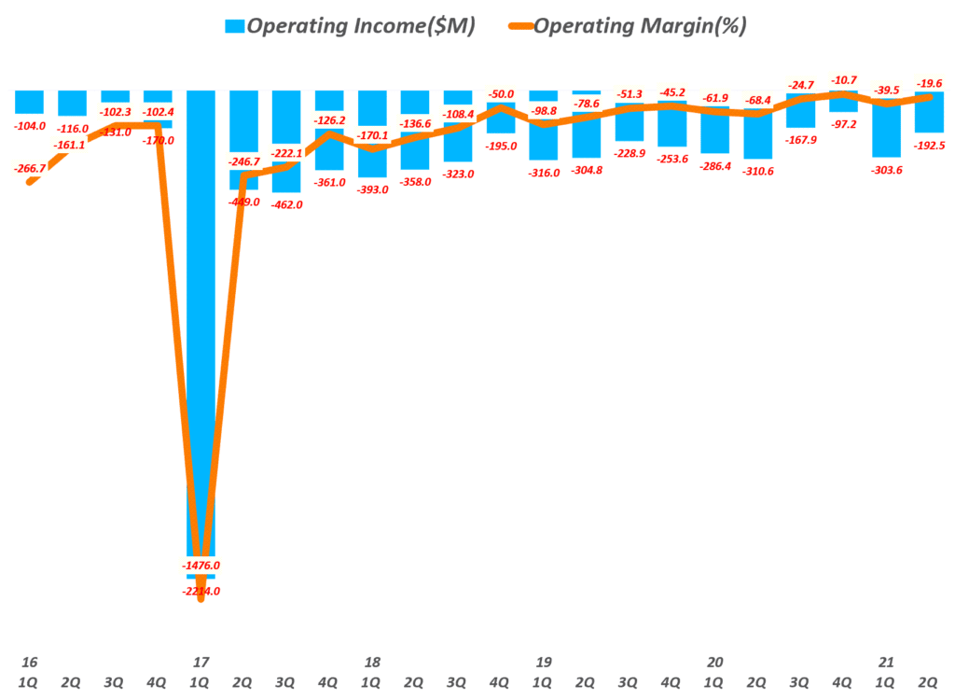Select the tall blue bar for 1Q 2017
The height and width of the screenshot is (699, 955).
coord(201,327)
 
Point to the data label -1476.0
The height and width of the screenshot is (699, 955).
coord(201,566)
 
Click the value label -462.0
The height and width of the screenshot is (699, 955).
coord(286,204)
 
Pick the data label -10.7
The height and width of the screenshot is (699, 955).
coord(843,81)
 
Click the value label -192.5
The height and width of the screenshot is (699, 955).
coord(929,145)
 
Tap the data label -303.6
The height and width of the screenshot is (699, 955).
coord(886,169)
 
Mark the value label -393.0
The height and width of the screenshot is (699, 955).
coord(372,189)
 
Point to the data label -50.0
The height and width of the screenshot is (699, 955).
coord(501,95)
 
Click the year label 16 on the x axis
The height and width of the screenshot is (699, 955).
coord(29,663)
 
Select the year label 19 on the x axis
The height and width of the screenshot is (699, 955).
coord(544,663)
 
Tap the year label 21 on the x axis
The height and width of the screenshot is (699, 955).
coord(886,663)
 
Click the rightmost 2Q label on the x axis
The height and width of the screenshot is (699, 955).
coord(929,683)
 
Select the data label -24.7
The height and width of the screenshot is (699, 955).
coord(800,85)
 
